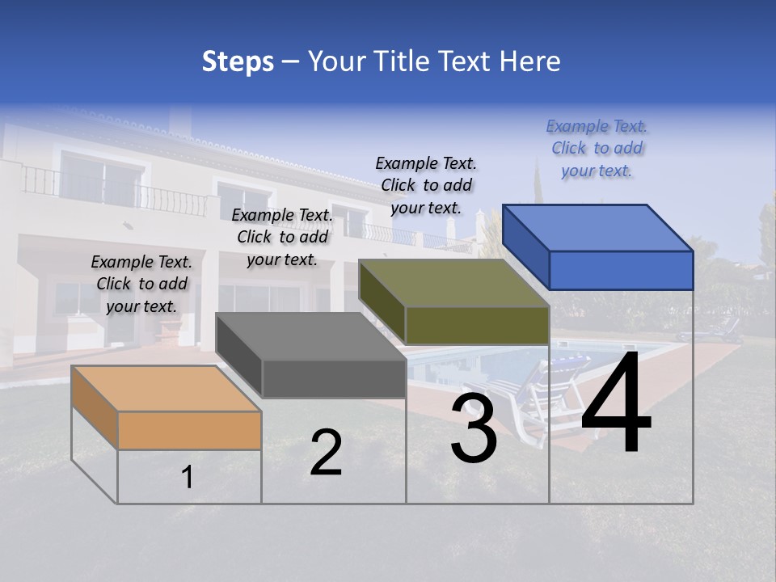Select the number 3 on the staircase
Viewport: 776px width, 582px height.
point(474,428)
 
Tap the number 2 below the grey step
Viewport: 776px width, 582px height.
point(327,453)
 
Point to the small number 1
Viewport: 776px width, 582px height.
point(187,478)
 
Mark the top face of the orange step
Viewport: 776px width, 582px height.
point(166,389)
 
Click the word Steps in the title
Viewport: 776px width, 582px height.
point(238,61)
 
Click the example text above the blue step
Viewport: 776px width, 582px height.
point(597,148)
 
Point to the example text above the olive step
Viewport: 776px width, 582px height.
point(426,185)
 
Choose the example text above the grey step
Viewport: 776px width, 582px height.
point(282,237)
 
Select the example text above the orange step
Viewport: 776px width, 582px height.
point(141,284)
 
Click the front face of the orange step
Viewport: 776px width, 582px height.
point(189,430)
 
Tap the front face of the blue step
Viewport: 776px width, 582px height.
point(621,270)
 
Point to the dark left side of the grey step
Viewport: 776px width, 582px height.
point(239,356)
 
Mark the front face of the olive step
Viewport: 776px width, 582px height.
point(477,325)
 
